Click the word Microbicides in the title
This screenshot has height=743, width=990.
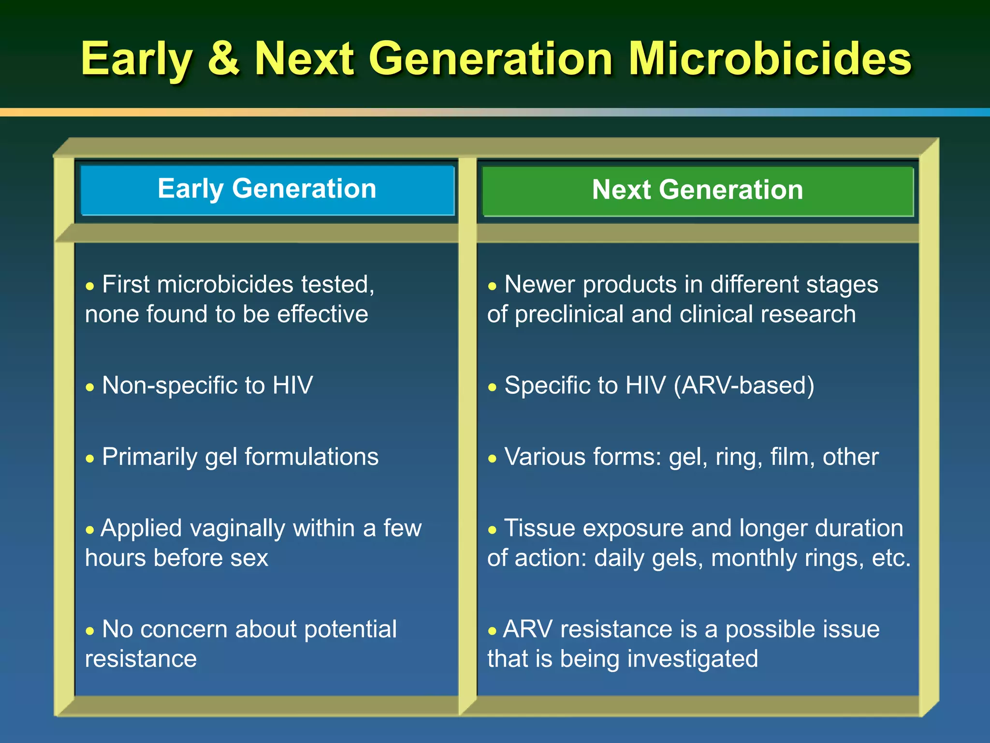point(770,59)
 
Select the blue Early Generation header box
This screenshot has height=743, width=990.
point(267,190)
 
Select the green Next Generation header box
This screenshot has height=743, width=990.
point(698,191)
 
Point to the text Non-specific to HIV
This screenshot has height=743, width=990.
point(207,386)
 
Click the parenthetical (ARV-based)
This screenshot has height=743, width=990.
point(743,386)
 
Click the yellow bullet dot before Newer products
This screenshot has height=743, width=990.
point(492,286)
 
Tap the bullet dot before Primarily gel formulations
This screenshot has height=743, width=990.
point(90,459)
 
